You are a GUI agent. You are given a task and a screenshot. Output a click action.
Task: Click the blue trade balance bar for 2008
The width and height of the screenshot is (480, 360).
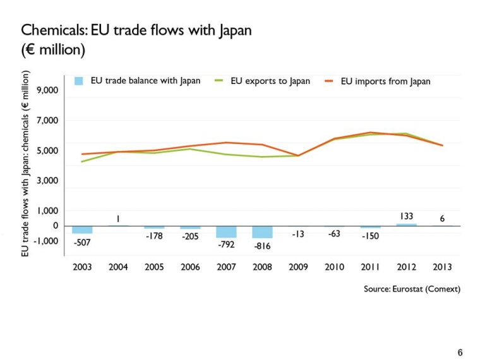pos(262,232)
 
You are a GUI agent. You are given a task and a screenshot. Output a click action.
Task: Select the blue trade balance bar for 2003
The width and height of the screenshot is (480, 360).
pos(82,229)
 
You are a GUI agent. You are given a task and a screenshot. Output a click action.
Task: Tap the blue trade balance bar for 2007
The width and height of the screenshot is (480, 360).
pos(226,231)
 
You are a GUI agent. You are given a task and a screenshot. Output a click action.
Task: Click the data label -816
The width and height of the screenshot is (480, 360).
pos(262,246)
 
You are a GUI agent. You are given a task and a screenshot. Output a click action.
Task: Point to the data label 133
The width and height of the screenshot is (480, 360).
pos(406,217)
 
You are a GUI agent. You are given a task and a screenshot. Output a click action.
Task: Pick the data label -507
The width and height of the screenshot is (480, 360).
pos(82,242)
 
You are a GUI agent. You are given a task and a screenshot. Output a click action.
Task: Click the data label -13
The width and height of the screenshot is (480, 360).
pos(298,234)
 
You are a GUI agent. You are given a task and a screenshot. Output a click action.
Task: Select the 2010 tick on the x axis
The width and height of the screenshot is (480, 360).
pos(334,267)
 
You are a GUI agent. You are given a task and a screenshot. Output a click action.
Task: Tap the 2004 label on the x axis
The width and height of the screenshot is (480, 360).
pos(118,267)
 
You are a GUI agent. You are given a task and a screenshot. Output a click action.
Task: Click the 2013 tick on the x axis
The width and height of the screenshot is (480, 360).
pos(442,267)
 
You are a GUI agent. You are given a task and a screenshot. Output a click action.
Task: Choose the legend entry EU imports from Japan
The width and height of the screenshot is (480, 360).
pos(385,81)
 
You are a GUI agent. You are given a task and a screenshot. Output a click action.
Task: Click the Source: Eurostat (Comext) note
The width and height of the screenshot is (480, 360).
pos(412,289)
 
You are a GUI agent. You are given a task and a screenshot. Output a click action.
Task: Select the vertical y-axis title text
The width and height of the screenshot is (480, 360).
pos(26,163)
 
